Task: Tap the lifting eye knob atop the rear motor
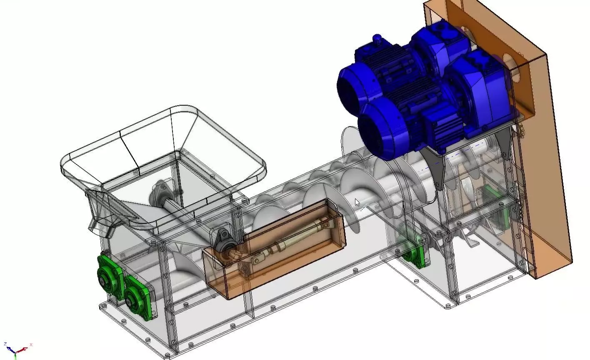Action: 377,39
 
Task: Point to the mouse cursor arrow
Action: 357,203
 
